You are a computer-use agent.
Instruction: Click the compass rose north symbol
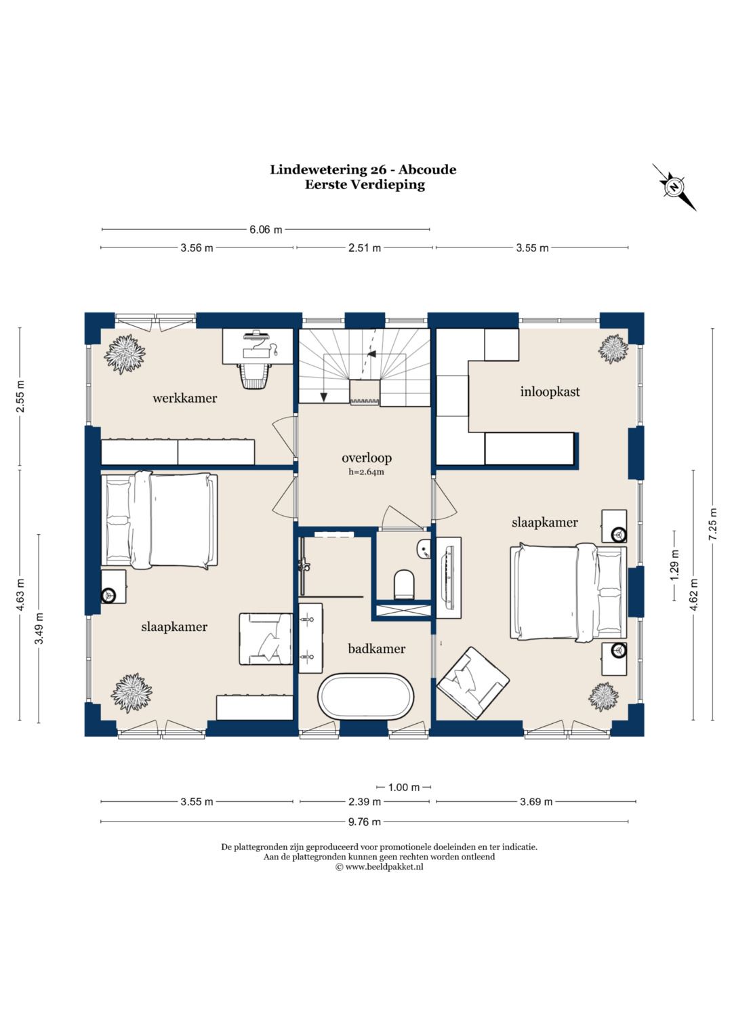point(674,187)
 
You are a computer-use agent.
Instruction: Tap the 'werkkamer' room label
point(185,398)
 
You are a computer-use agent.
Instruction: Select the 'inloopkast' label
point(550,392)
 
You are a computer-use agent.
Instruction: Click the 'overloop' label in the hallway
point(367,458)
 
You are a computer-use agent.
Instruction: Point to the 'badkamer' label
point(377,649)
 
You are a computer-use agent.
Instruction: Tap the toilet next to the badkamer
point(405,584)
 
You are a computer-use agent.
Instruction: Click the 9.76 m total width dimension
point(364,821)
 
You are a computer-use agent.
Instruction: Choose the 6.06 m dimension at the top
point(266,229)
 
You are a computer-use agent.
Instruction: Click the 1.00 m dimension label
point(404,787)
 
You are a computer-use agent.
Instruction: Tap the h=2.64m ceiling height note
point(367,472)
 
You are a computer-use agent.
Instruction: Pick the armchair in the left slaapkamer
point(266,639)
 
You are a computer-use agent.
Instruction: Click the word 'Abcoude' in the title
point(428,169)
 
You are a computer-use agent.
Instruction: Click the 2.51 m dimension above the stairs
point(365,248)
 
